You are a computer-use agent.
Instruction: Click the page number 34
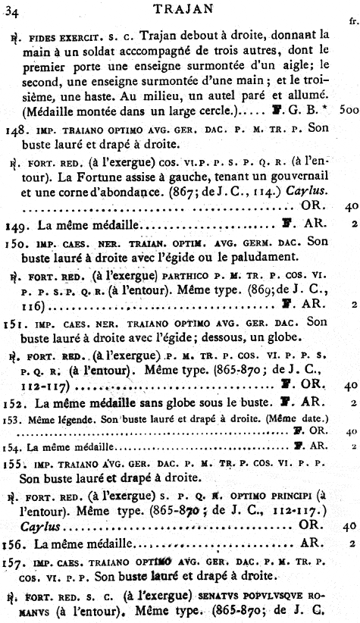[14, 9]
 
